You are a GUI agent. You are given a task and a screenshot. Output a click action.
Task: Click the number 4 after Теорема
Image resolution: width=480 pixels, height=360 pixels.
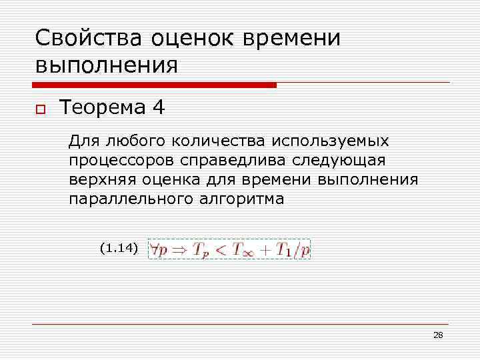(158, 108)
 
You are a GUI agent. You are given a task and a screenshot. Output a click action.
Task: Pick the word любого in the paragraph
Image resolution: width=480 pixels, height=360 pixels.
(133, 141)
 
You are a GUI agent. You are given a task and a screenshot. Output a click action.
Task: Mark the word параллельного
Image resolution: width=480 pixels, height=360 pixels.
(130, 199)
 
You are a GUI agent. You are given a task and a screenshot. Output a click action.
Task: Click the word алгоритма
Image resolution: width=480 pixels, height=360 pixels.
(242, 199)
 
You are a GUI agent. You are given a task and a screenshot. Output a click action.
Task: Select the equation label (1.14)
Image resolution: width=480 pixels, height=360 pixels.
(118, 249)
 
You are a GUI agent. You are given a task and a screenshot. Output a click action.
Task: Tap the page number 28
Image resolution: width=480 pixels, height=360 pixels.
(438, 335)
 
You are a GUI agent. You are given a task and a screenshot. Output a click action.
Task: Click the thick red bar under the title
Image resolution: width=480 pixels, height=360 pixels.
(154, 85)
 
